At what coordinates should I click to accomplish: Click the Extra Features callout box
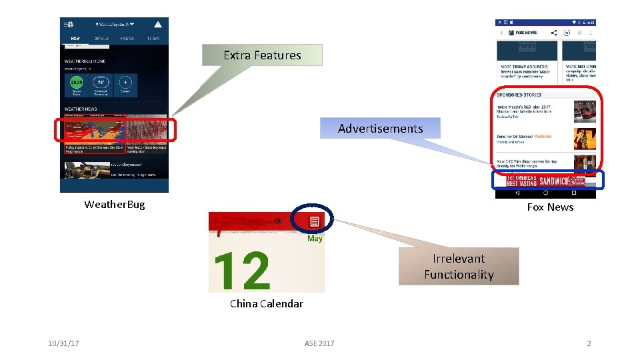click(x=262, y=55)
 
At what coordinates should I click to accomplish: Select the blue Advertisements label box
click(x=380, y=128)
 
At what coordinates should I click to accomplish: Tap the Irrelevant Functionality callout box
click(x=459, y=267)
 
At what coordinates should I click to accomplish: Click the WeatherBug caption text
click(x=114, y=204)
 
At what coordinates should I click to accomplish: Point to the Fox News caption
click(x=550, y=207)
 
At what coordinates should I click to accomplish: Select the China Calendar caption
click(x=266, y=303)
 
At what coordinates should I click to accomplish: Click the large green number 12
click(x=241, y=270)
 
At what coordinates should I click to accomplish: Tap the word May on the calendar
click(x=315, y=238)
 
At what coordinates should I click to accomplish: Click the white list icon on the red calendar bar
click(x=315, y=221)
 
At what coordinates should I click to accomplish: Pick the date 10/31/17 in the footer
click(x=64, y=343)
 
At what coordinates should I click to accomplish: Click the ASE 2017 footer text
click(x=319, y=343)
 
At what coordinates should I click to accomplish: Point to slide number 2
click(x=589, y=343)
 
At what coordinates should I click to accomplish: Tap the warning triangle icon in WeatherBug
click(x=158, y=24)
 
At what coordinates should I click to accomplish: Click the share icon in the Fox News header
click(x=554, y=32)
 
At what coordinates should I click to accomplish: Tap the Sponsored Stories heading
click(x=519, y=95)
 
